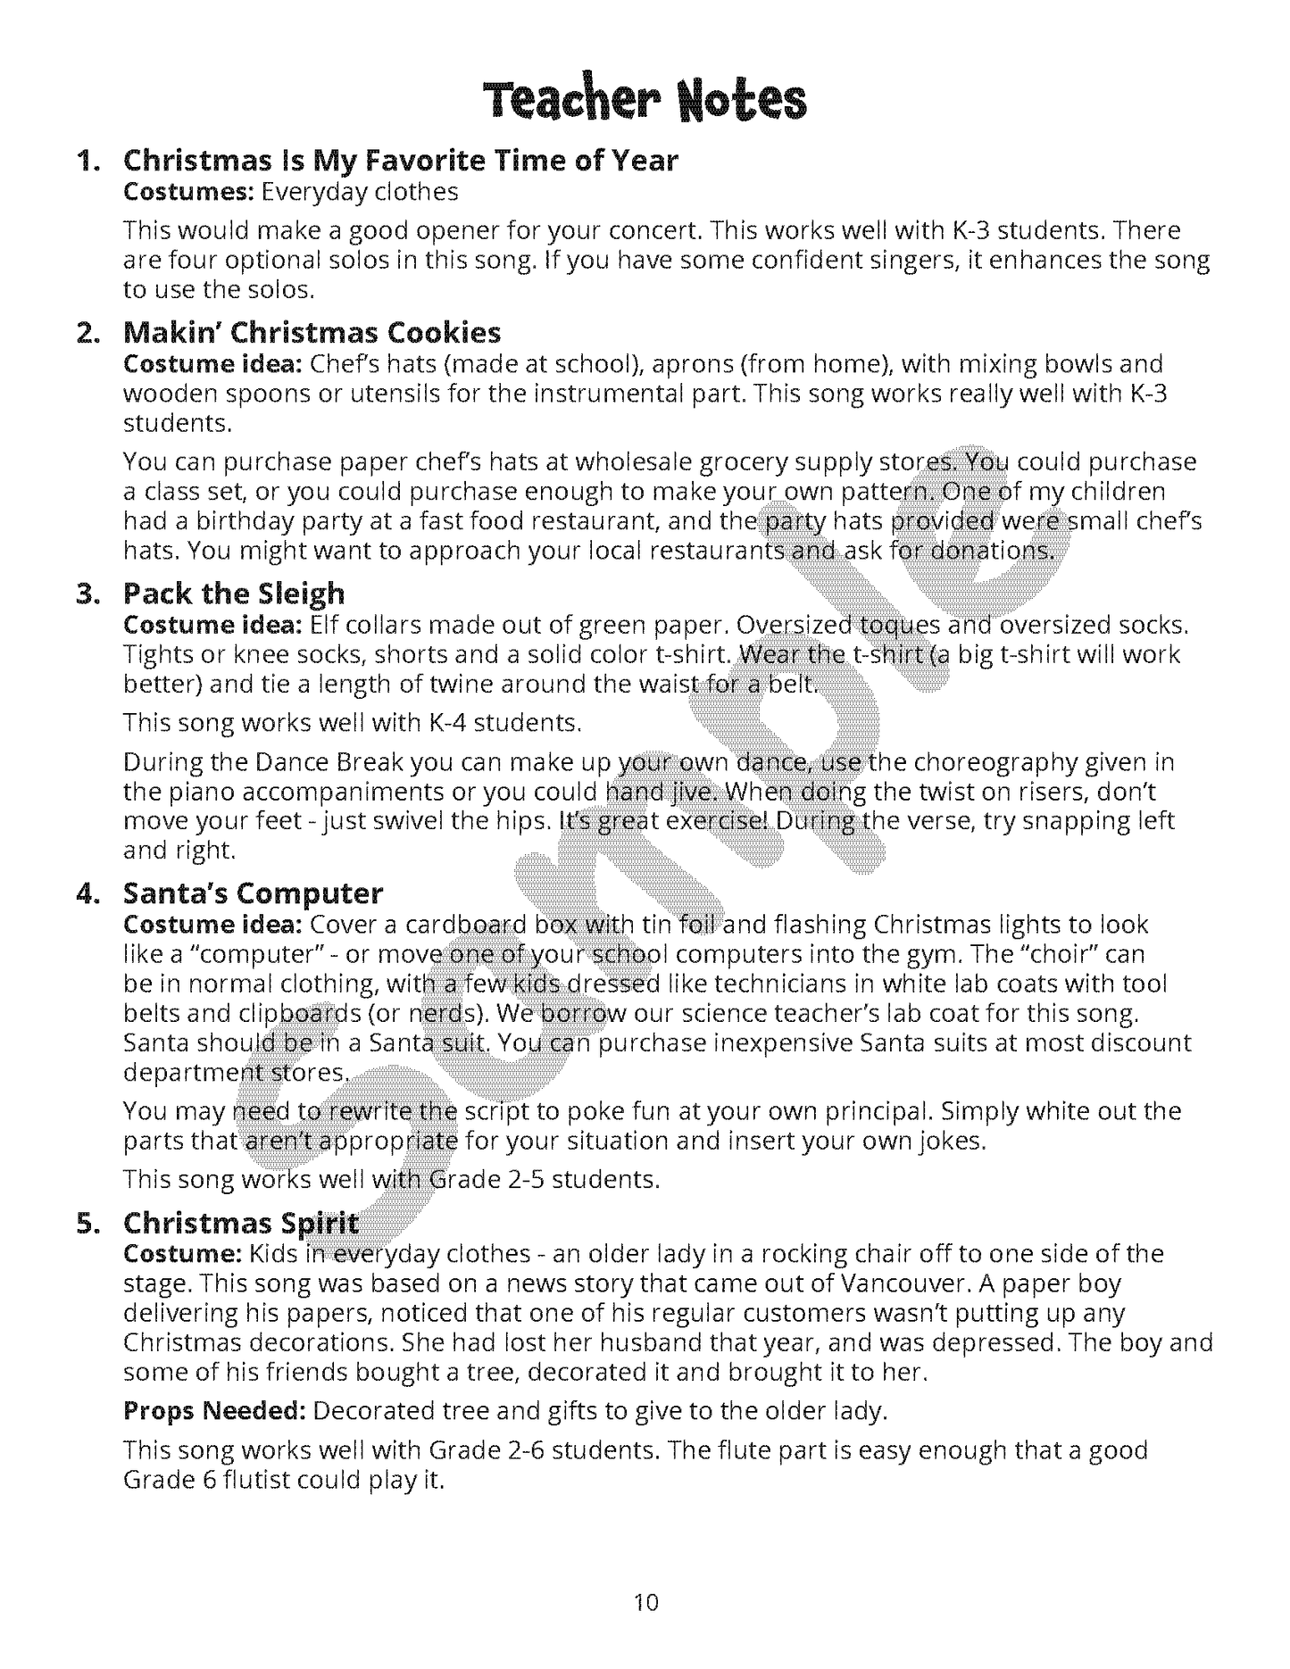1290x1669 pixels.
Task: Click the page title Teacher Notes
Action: (645, 100)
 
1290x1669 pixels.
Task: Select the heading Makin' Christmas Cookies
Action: (312, 333)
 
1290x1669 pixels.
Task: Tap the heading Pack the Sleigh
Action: (233, 594)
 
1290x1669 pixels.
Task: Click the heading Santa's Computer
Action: (253, 893)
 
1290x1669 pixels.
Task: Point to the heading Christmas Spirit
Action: (240, 1223)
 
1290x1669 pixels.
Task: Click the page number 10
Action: (645, 1603)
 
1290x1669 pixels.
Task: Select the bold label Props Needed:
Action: (215, 1411)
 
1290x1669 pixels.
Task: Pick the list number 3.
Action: (87, 594)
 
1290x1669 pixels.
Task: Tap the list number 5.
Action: (87, 1224)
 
